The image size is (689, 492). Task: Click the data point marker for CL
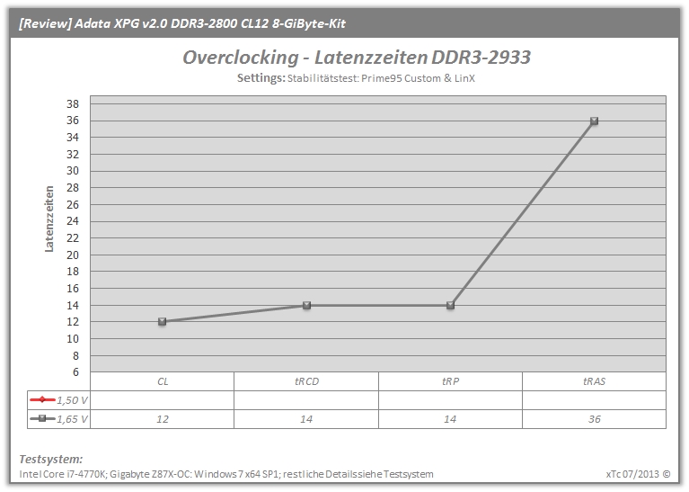(162, 322)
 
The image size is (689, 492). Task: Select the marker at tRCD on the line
(306, 305)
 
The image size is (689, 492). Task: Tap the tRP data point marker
(450, 305)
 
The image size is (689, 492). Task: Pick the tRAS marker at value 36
(594, 121)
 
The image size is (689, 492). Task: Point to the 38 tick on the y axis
(73, 103)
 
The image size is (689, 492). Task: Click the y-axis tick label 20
(73, 255)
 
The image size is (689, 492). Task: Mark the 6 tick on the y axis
(75, 372)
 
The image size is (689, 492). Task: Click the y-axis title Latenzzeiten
(49, 219)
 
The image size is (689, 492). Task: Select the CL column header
(163, 381)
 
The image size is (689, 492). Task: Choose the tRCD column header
(306, 381)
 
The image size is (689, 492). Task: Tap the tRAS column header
(594, 381)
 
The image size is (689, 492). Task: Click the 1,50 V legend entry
(58, 400)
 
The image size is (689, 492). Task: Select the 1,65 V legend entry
(58, 419)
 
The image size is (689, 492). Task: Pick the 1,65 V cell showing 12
(162, 419)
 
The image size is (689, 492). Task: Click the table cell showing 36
(594, 419)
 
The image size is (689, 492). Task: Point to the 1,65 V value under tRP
(450, 419)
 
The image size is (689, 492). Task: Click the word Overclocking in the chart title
(241, 58)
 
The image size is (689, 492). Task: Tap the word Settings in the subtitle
(261, 78)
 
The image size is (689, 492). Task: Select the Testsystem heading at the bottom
(51, 459)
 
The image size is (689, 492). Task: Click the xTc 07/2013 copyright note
(638, 474)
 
